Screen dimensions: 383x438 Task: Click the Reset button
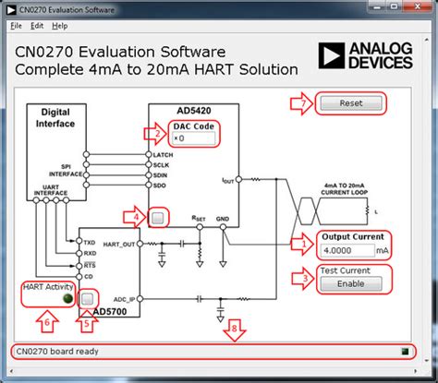(350, 103)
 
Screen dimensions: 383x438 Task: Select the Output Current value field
(347, 250)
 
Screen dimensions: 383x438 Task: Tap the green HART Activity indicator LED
(67, 299)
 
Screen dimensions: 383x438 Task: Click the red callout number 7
(301, 102)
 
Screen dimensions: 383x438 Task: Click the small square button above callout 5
(88, 299)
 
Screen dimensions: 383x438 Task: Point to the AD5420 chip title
(192, 109)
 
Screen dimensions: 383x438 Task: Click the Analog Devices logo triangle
(330, 56)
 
